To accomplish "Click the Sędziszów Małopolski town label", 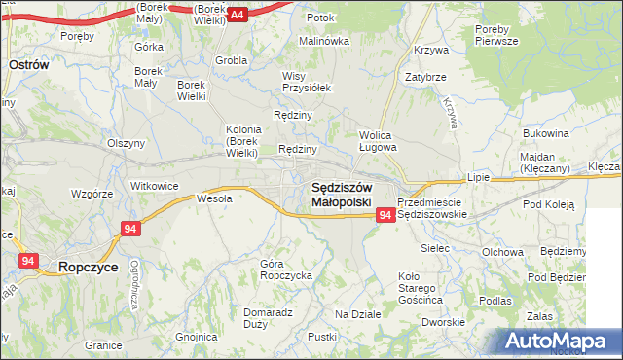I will [341, 194].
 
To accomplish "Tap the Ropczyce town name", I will [90, 265].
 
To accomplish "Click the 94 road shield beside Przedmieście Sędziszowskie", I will [385, 214].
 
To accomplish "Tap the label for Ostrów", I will [28, 63].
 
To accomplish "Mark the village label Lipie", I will [477, 179].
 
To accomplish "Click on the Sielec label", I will [434, 248].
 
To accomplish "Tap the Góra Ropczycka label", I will [285, 270].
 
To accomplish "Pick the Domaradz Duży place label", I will [268, 318].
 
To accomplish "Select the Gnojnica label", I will [196, 337].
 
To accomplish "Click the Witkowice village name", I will [154, 185].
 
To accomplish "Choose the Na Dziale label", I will [357, 314].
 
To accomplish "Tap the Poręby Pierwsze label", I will [496, 36].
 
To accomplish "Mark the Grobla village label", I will [231, 59].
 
